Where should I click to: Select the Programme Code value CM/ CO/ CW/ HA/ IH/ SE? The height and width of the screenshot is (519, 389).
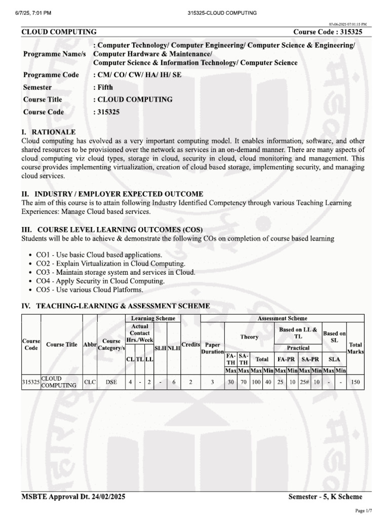(137, 75)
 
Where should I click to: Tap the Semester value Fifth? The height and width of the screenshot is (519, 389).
(103, 87)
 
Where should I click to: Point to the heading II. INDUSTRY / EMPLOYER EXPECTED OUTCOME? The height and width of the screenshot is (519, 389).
(112, 194)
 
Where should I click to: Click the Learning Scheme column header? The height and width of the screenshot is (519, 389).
(152, 318)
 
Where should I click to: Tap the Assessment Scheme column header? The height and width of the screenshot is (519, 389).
(282, 318)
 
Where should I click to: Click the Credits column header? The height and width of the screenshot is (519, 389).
(190, 344)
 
